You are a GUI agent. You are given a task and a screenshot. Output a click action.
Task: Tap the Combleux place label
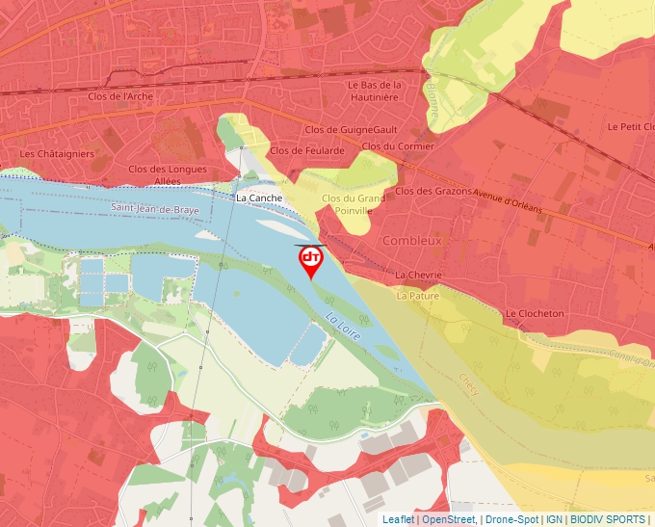click(412, 241)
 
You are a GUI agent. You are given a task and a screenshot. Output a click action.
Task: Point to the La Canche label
click(259, 198)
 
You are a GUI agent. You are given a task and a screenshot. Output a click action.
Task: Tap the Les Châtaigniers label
click(57, 153)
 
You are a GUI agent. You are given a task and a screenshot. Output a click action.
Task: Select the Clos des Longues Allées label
click(168, 174)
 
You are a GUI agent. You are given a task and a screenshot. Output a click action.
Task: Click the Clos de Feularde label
click(307, 150)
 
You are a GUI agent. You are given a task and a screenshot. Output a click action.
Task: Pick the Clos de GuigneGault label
click(351, 129)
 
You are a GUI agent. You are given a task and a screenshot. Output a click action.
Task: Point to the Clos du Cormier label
click(398, 146)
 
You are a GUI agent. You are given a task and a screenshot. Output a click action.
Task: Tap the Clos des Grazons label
click(433, 191)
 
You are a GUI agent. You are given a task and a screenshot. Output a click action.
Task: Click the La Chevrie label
click(418, 276)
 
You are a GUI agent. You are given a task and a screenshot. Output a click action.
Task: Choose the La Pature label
click(417, 296)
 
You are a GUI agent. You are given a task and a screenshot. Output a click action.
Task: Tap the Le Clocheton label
click(535, 314)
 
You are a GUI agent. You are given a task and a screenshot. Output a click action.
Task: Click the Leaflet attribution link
click(397, 519)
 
